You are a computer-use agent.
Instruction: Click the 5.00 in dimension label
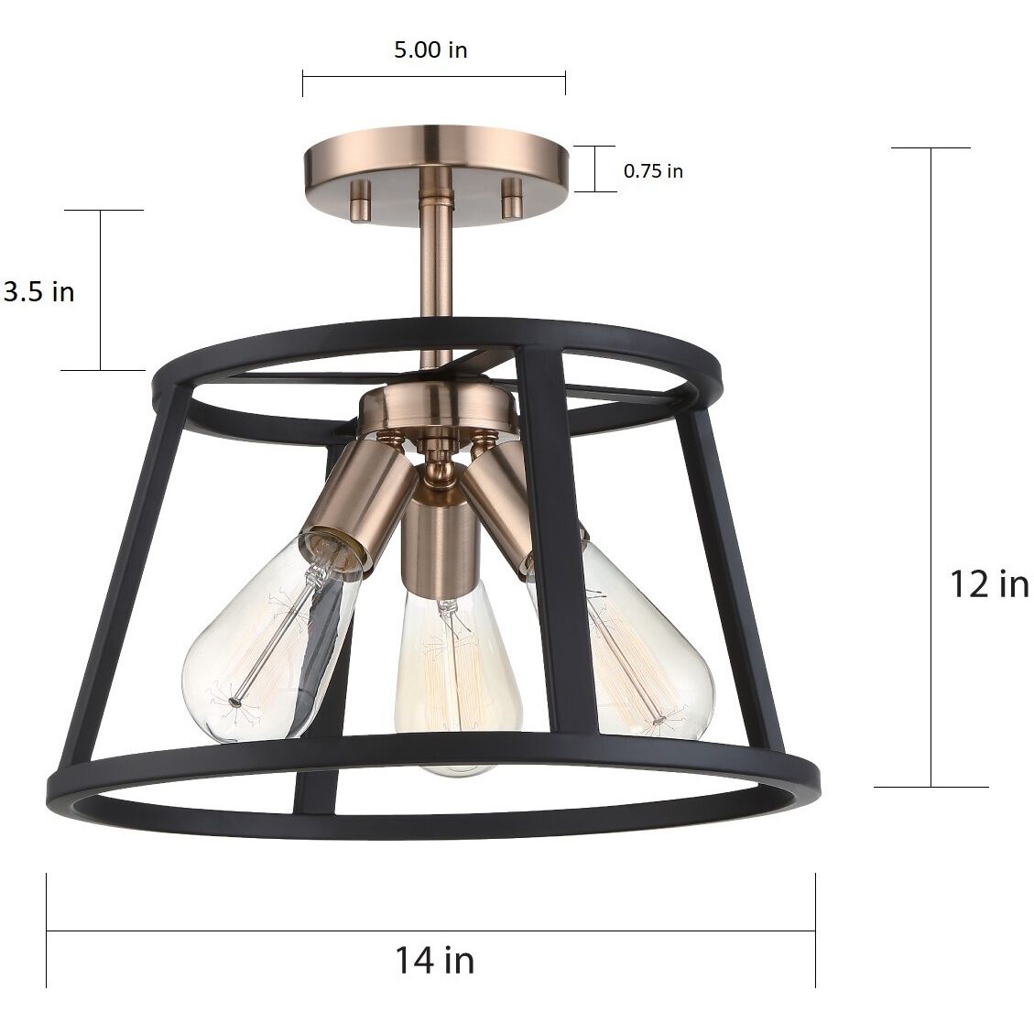(x=430, y=49)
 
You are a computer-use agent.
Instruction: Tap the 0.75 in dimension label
(x=653, y=170)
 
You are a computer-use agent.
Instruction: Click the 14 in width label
(x=435, y=960)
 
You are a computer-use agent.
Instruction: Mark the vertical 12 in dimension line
(x=931, y=467)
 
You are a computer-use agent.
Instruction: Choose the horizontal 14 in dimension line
(x=430, y=931)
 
